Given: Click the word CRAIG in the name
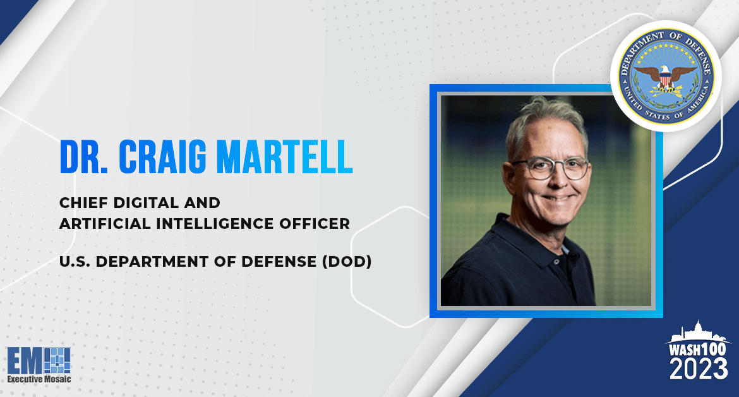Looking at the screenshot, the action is (x=162, y=157).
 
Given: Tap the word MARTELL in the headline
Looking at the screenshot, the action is (x=285, y=157).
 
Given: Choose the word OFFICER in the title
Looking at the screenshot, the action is (x=315, y=224).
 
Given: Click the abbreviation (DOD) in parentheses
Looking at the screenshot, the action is (x=347, y=262).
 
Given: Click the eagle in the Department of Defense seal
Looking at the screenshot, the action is (x=665, y=78).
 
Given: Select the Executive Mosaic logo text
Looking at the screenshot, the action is (x=39, y=379).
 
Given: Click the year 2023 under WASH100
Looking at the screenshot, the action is (x=699, y=369).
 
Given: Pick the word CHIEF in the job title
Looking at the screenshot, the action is (x=81, y=203).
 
